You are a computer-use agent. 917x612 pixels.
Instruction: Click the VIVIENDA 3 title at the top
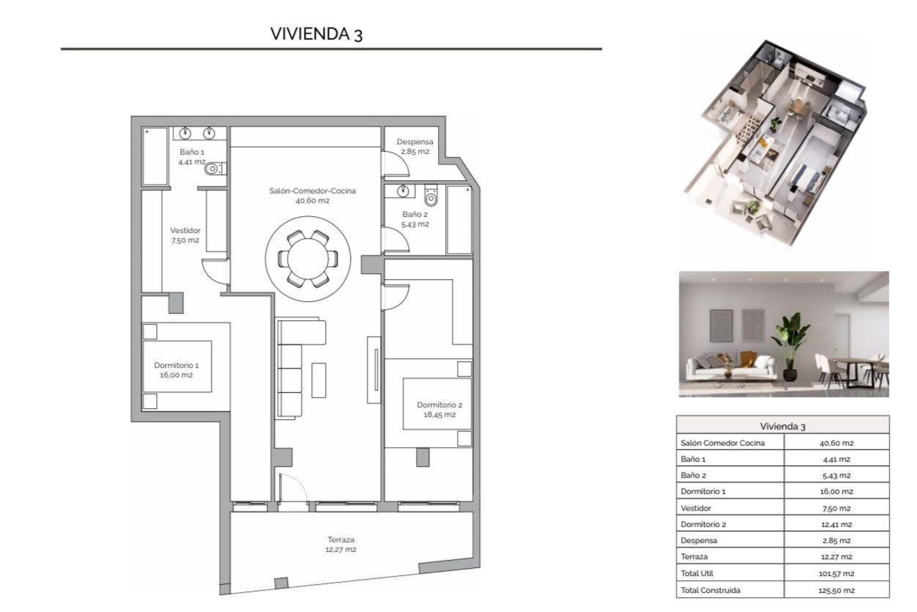pos(316,34)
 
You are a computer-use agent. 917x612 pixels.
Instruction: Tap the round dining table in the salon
pos(308,259)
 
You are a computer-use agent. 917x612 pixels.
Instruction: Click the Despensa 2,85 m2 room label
pos(415,146)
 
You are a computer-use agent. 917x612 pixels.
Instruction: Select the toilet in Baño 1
pos(213,169)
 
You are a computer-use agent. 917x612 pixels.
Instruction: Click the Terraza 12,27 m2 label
pos(341,544)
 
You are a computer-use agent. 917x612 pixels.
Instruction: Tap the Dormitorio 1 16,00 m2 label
pos(176,370)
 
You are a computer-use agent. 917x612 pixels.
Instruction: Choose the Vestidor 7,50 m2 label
pos(185,235)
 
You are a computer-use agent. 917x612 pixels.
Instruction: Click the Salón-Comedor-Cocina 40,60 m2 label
pos(312,195)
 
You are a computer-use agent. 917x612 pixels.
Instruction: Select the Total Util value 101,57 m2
pos(836,573)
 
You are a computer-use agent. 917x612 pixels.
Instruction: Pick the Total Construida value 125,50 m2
pos(836,590)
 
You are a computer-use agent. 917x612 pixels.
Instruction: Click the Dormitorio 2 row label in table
pos(703,524)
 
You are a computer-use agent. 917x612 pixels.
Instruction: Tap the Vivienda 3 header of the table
pos(782,426)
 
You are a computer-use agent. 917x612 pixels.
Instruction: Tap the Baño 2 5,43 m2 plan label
pos(415,219)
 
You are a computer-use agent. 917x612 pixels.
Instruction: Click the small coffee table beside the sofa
pos(319,380)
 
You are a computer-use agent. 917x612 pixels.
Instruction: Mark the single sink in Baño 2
pos(403,191)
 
